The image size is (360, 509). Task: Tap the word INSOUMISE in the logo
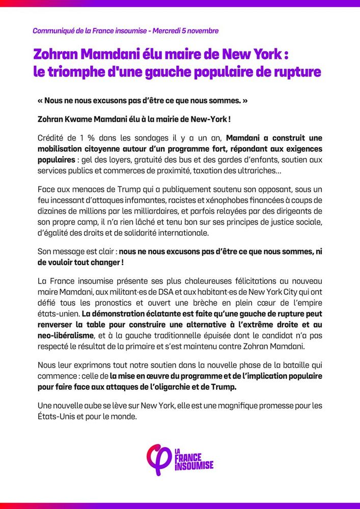[194, 465]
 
